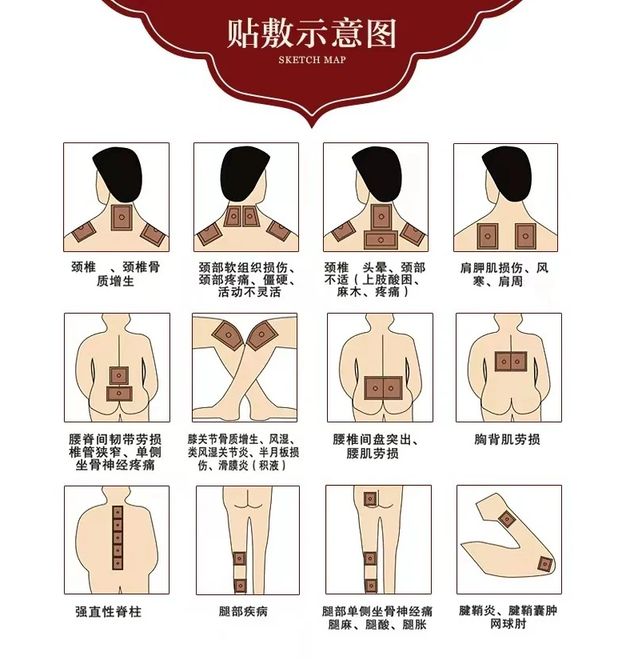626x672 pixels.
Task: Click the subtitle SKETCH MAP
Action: pos(312,59)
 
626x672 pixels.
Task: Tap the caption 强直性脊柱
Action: pos(108,611)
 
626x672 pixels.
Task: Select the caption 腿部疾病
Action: pos(243,611)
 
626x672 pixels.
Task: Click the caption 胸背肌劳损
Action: pos(507,439)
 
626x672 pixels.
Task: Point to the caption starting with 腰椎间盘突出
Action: pos(376,446)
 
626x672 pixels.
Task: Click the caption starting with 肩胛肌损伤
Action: pos(504,274)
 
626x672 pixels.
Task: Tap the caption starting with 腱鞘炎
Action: pos(508,617)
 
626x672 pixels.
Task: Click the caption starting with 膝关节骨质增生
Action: pos(243,452)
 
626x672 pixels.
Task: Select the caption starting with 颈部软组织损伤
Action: pos(247,280)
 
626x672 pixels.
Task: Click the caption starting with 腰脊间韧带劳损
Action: pos(115,452)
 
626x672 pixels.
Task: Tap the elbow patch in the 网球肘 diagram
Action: pos(545,564)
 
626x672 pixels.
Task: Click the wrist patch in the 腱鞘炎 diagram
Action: pos(508,519)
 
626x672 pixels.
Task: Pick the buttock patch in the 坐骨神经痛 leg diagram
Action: pos(370,498)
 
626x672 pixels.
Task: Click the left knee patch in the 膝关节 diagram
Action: pos(228,334)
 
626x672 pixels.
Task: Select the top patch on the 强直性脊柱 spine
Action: pos(118,513)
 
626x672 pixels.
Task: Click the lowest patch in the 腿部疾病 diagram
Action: pos(240,586)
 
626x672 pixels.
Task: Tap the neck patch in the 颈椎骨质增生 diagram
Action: pos(122,218)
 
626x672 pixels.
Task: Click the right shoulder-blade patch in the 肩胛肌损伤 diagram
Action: pos(525,236)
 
